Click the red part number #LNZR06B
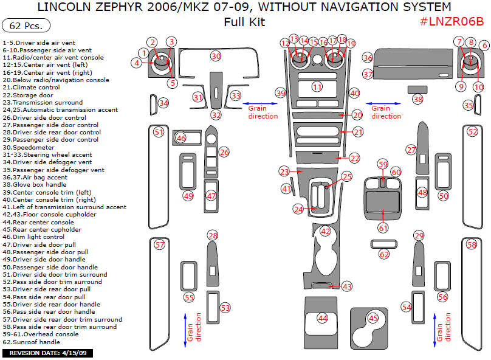(x=452, y=22)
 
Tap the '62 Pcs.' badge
(x=26, y=26)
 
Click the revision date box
(x=48, y=353)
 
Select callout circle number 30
(x=216, y=56)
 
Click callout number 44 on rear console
(x=323, y=318)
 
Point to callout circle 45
(x=374, y=318)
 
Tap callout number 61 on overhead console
(x=383, y=229)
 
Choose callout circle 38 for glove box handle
(x=417, y=100)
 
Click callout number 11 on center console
(x=317, y=88)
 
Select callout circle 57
(x=160, y=244)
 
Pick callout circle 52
(x=472, y=131)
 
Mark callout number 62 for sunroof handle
(x=384, y=255)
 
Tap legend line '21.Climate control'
(x=32, y=88)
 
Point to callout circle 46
(x=181, y=139)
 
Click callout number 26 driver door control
(x=224, y=152)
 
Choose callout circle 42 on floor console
(x=326, y=232)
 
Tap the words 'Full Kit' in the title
(x=245, y=22)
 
